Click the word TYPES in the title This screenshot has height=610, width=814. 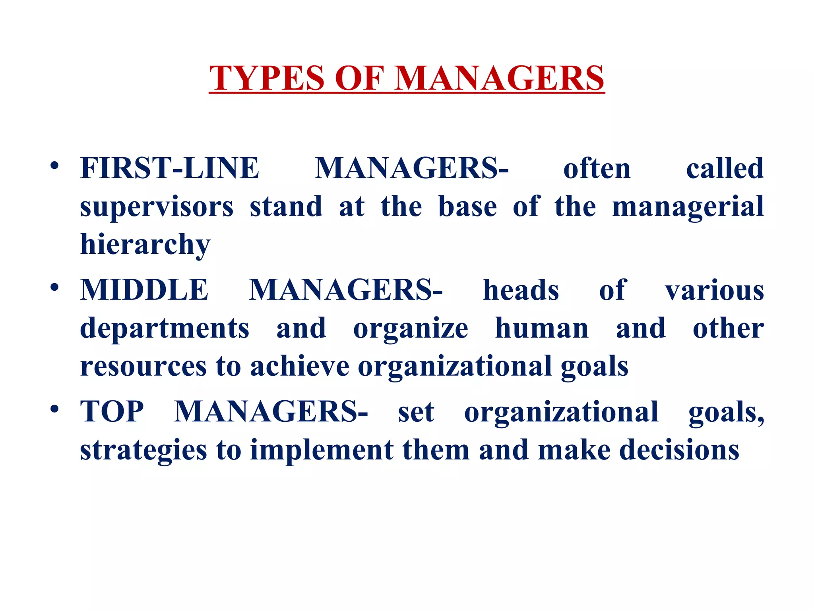click(x=267, y=78)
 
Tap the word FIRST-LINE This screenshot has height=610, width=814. click(x=170, y=168)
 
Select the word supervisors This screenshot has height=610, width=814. click(x=157, y=207)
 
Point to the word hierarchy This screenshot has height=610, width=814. click(x=145, y=245)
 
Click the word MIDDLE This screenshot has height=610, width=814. click(x=144, y=290)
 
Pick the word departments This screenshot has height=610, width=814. click(x=165, y=329)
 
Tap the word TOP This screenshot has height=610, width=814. click(x=112, y=411)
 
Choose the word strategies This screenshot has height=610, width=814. click(x=143, y=450)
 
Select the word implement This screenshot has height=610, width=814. click(x=322, y=450)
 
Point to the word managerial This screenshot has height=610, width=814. click(x=688, y=207)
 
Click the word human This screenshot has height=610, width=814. click(x=542, y=329)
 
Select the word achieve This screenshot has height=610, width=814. click(x=300, y=366)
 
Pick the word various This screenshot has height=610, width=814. click(x=714, y=291)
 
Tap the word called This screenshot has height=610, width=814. click(x=725, y=168)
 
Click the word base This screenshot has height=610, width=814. click(x=467, y=207)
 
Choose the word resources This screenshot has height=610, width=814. click(x=143, y=366)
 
